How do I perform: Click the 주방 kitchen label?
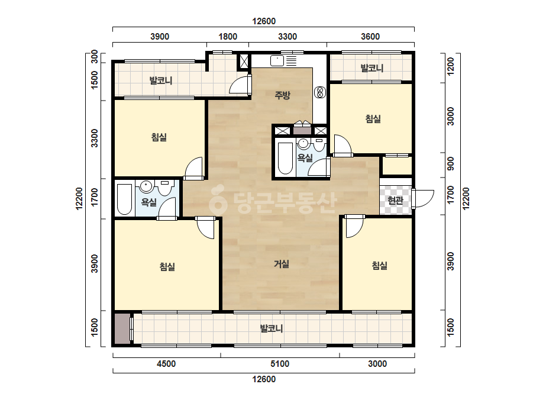tap(282, 95)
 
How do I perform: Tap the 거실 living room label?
tap(282, 264)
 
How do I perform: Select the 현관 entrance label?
tap(395, 201)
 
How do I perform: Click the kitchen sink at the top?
tap(277, 60)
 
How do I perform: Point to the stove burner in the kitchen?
tap(319, 92)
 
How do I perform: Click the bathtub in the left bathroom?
tap(124, 199)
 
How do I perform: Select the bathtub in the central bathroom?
tap(285, 158)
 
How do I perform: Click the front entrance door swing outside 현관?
tap(424, 199)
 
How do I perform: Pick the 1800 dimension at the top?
tap(228, 37)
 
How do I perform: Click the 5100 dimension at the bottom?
tap(280, 364)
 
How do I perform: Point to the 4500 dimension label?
tap(166, 364)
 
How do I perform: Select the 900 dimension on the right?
tap(451, 164)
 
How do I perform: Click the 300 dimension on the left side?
tap(95, 57)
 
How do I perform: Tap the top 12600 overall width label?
tap(264, 21)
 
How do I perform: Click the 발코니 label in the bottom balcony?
tap(272, 328)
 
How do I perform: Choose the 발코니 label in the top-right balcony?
tap(372, 67)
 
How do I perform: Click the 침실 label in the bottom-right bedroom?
tap(380, 266)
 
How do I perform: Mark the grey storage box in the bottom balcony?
tap(122, 329)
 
